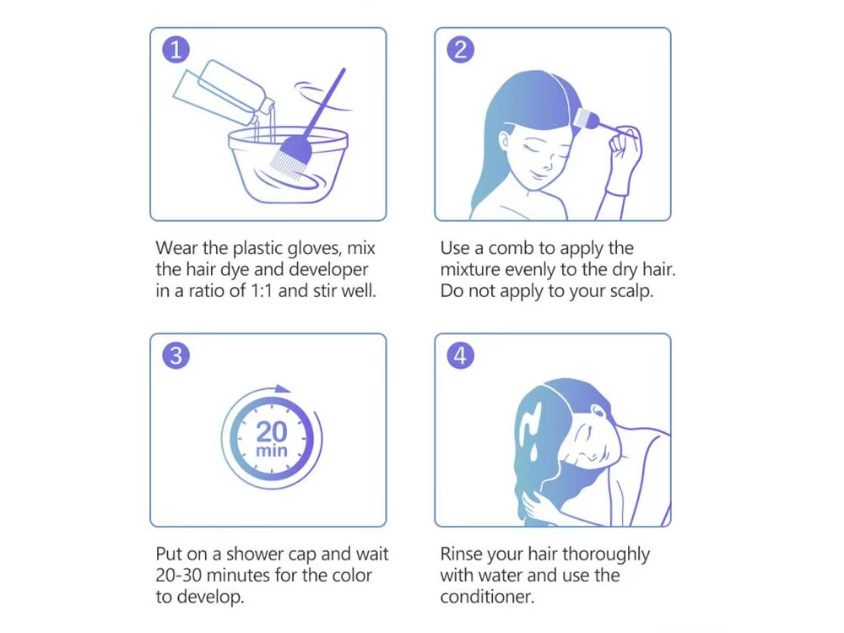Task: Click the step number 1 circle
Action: [176, 50]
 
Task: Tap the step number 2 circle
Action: [461, 50]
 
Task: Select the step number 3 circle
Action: [176, 356]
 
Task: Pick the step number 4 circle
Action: [461, 356]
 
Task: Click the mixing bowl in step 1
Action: [288, 165]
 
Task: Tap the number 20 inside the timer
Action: [271, 431]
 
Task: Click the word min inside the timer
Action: [271, 450]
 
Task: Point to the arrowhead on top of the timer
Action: [283, 389]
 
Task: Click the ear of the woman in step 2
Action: [505, 141]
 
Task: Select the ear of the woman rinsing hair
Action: [598, 411]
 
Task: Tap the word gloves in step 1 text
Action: [314, 248]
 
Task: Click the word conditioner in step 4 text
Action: [487, 597]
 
